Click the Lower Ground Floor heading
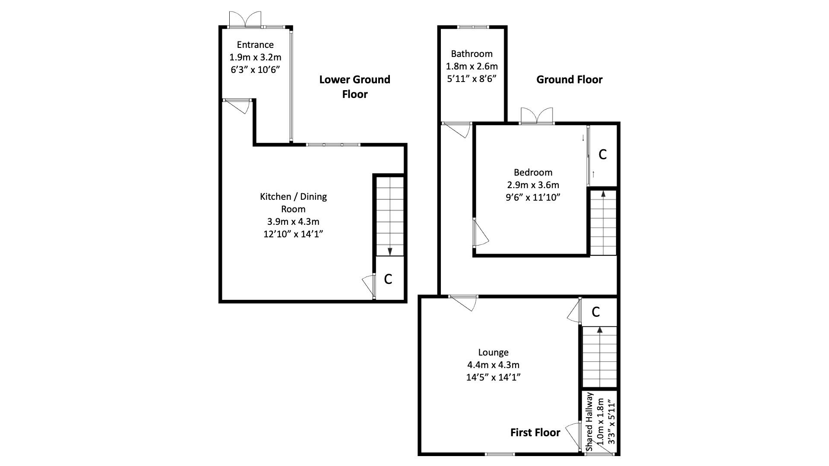pyautogui.click(x=354, y=87)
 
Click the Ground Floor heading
pyautogui.click(x=569, y=79)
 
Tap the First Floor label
pyautogui.click(x=535, y=432)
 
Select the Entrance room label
pyautogui.click(x=255, y=44)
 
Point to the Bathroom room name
pyautogui.click(x=471, y=54)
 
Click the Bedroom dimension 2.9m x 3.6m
pyautogui.click(x=533, y=185)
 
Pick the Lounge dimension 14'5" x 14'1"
pyautogui.click(x=493, y=377)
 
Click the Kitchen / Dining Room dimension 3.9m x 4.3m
pyautogui.click(x=293, y=222)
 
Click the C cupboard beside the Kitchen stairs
pyautogui.click(x=388, y=279)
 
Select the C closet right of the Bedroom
pyautogui.click(x=602, y=154)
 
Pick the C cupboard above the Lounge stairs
pyautogui.click(x=596, y=312)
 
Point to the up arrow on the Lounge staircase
pyautogui.click(x=599, y=331)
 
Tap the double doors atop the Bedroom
pyautogui.click(x=537, y=116)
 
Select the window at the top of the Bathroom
pyautogui.click(x=473, y=27)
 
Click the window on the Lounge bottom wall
pyautogui.click(x=500, y=453)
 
